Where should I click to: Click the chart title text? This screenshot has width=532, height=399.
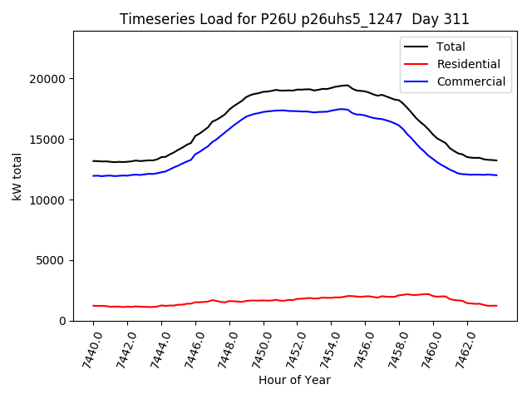coord(294,19)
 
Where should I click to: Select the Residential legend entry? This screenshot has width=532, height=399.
coord(468,64)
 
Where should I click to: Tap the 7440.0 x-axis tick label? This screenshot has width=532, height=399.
coord(87,347)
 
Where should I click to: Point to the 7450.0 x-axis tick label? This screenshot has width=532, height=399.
coord(257,347)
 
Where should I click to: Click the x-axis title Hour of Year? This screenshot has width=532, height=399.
coord(294,381)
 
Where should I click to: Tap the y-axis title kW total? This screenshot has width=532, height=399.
coord(17,176)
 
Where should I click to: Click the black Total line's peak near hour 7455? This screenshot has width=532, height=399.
coord(347,85)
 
